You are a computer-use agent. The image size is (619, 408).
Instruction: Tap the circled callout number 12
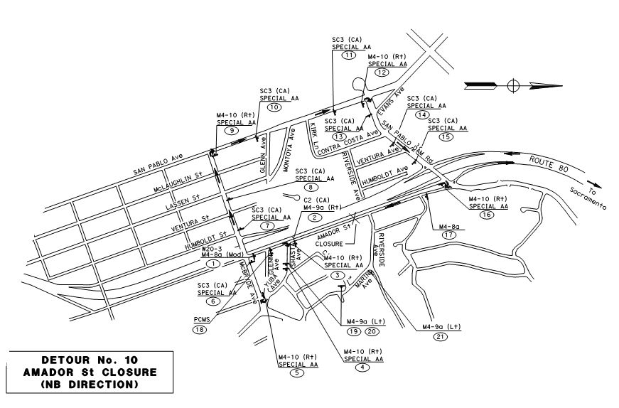tap(383, 73)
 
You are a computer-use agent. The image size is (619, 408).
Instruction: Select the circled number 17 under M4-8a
tap(448, 234)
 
